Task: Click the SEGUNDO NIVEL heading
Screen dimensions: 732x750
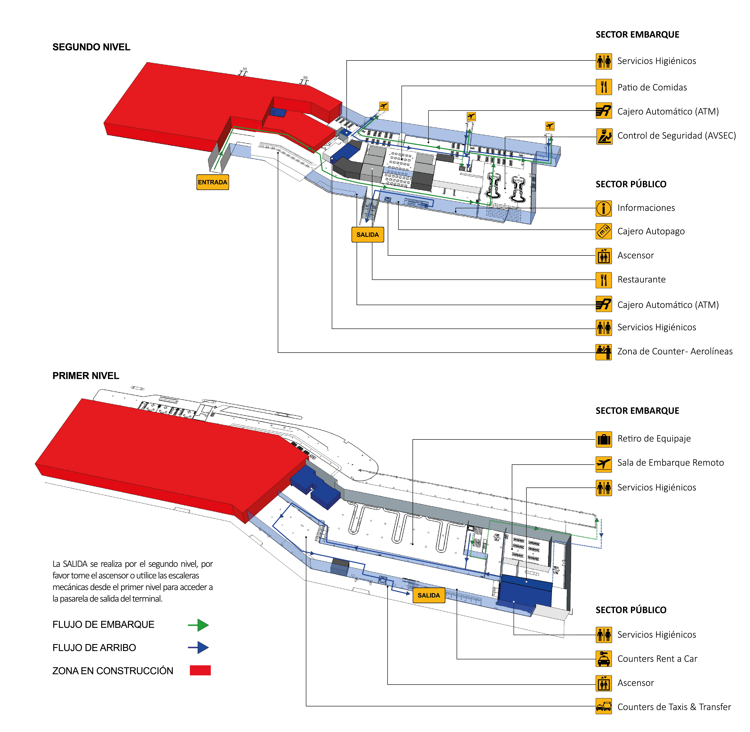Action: (x=91, y=47)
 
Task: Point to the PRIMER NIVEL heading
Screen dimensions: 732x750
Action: (x=85, y=376)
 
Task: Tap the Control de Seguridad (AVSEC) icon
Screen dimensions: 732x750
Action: (x=603, y=136)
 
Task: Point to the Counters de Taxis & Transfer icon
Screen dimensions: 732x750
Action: (x=603, y=707)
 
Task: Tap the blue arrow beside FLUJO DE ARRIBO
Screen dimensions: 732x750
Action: (x=198, y=648)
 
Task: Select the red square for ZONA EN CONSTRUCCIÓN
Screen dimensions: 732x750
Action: (x=200, y=671)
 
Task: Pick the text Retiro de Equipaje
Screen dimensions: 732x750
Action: (x=654, y=439)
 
